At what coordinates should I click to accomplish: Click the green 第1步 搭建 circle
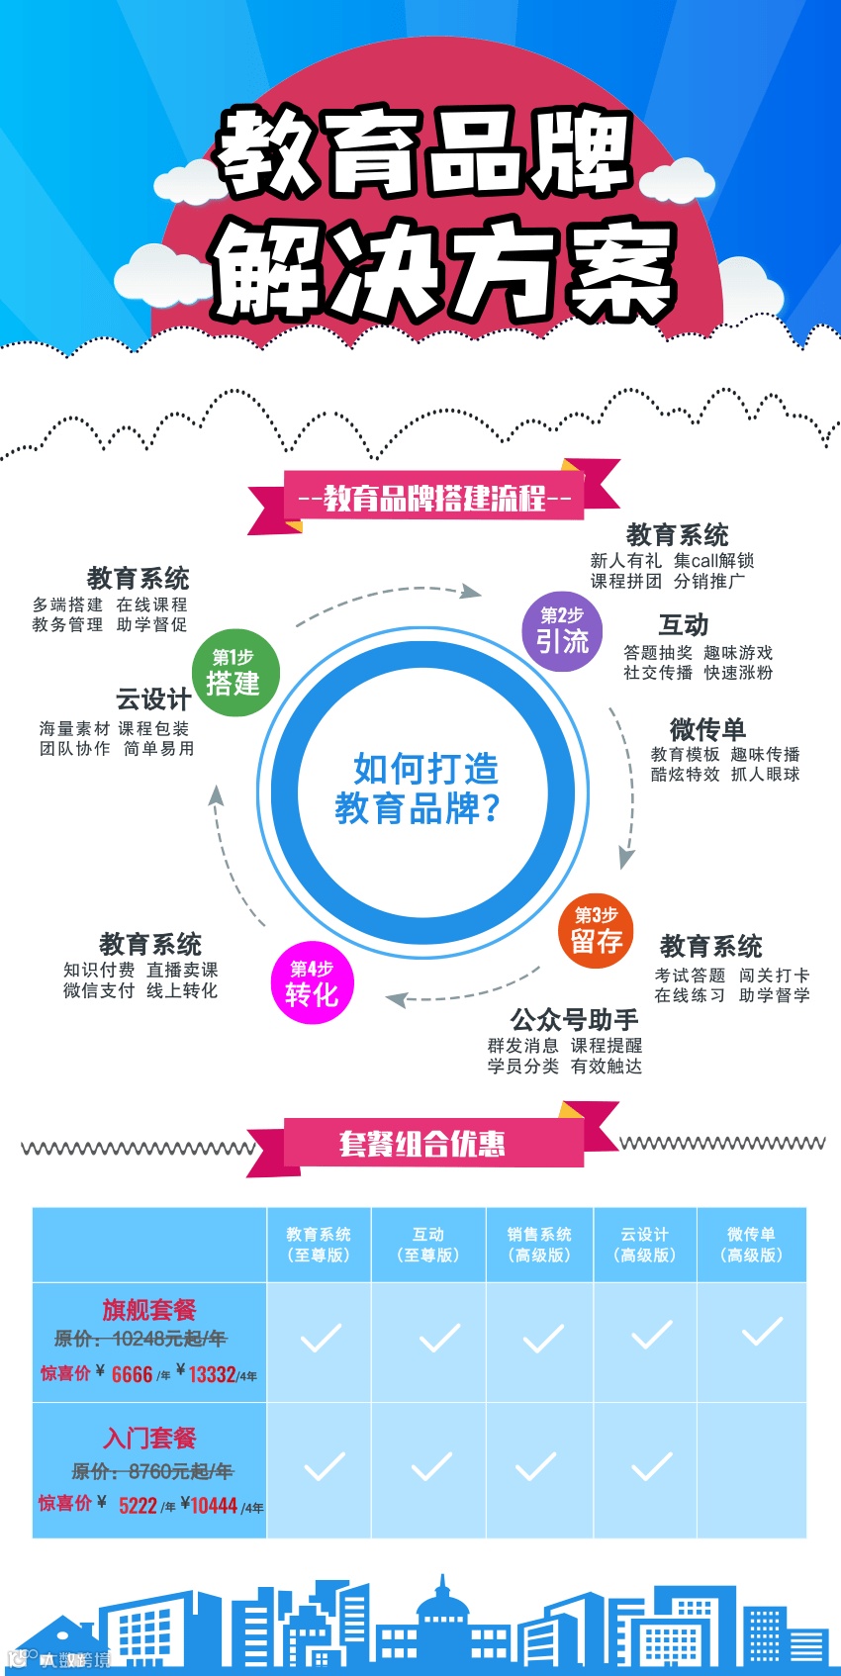(x=233, y=673)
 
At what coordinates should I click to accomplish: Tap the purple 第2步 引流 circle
(x=562, y=631)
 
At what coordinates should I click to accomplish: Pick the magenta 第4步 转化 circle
(x=312, y=982)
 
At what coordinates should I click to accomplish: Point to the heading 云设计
(x=153, y=699)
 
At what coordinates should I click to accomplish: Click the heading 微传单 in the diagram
(x=707, y=729)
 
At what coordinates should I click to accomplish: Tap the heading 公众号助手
(x=574, y=1019)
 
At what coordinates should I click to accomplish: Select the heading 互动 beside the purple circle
(x=684, y=625)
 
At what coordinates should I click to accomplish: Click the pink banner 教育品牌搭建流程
(x=434, y=498)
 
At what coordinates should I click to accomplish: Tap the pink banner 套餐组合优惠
(x=422, y=1144)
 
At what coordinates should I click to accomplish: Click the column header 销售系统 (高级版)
(x=539, y=1245)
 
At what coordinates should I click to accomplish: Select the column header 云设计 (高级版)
(x=645, y=1245)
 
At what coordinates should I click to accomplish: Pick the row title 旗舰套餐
(x=149, y=1310)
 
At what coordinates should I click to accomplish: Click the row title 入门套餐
(x=149, y=1438)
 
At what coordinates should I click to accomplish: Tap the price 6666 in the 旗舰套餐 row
(x=132, y=1374)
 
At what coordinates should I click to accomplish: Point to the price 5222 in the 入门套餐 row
(x=138, y=1506)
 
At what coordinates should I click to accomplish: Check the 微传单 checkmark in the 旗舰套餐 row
(x=762, y=1332)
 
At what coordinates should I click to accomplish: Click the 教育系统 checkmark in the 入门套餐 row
(x=324, y=1466)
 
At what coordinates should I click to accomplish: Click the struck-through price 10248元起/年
(x=169, y=1339)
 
